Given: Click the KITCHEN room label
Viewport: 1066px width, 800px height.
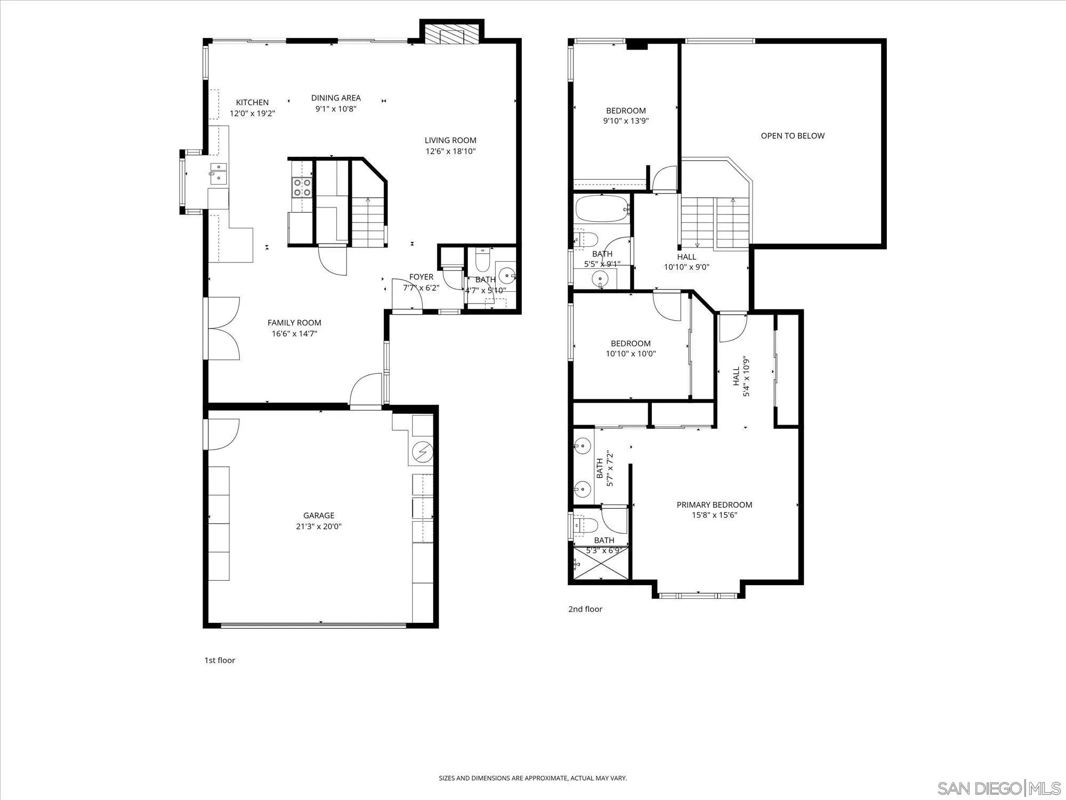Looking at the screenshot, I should (x=252, y=102).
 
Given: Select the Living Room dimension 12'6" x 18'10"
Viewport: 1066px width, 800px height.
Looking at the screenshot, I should (x=450, y=151).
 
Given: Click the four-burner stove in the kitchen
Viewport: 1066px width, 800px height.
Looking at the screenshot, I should (x=302, y=188).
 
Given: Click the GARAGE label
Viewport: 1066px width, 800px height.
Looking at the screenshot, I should (x=319, y=515).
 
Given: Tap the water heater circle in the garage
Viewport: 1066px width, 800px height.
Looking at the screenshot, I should (x=423, y=453).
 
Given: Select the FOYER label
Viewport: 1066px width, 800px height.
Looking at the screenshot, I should (x=421, y=277).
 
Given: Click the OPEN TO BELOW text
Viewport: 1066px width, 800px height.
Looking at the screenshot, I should (x=792, y=136).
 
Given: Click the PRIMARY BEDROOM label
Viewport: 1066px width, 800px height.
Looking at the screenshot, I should (x=714, y=505).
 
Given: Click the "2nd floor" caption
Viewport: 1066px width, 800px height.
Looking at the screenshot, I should (x=585, y=609).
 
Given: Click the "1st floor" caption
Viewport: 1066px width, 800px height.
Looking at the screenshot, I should (x=220, y=660).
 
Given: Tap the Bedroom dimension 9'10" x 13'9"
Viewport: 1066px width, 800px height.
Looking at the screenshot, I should (x=626, y=121).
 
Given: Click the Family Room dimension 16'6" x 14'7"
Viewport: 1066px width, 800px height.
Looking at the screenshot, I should (x=294, y=334).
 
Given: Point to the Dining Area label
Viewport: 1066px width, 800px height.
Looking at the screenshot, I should (x=336, y=98).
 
